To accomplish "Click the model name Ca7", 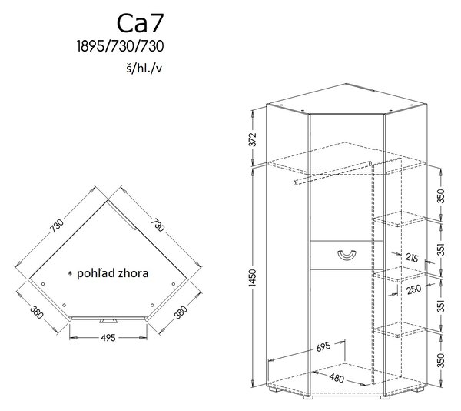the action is (x=140, y=23).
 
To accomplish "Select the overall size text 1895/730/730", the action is (x=121, y=46).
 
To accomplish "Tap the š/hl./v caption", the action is (x=144, y=68).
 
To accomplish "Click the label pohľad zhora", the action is (x=113, y=273).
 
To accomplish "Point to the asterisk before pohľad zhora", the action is (x=70, y=273).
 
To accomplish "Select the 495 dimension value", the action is (x=108, y=338).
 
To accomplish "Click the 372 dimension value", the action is (x=253, y=139).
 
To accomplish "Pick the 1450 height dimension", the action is (x=253, y=277).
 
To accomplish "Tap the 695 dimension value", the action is (x=323, y=347).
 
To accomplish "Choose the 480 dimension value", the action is (x=337, y=377).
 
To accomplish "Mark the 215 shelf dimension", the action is (x=412, y=258).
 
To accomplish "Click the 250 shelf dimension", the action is (x=414, y=289).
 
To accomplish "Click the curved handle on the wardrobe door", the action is (x=347, y=256).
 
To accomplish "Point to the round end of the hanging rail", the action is (x=295, y=183).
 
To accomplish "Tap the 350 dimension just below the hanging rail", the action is (x=440, y=195).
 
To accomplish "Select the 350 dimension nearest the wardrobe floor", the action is (x=440, y=360).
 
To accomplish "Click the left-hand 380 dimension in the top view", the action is (x=37, y=312).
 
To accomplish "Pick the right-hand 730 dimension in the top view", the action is (x=158, y=225).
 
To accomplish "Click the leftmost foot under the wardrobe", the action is (x=274, y=389).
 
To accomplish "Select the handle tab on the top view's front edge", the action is (x=108, y=321).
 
